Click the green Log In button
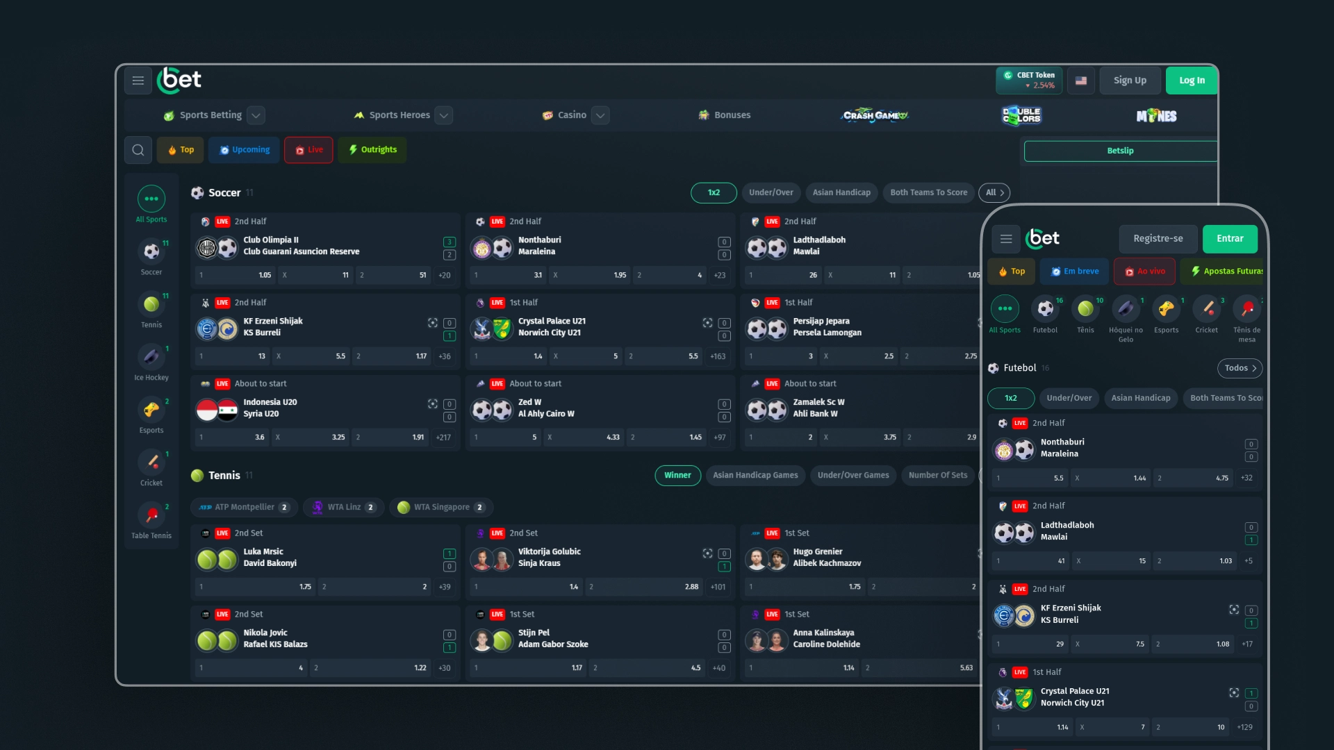(x=1192, y=81)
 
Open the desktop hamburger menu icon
(x=138, y=81)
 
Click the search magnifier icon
(x=138, y=150)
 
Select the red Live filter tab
(x=308, y=150)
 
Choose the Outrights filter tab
(x=372, y=150)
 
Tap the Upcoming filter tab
(x=245, y=150)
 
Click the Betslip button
(x=1120, y=151)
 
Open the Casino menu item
(x=572, y=115)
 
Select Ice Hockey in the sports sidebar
(x=151, y=362)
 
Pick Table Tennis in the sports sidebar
(x=151, y=521)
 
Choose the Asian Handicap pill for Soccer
(x=841, y=192)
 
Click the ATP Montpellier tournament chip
(x=244, y=508)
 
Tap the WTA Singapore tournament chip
(x=441, y=508)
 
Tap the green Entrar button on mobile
(x=1230, y=239)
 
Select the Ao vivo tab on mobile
(x=1144, y=272)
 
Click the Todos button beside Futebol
(x=1240, y=368)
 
